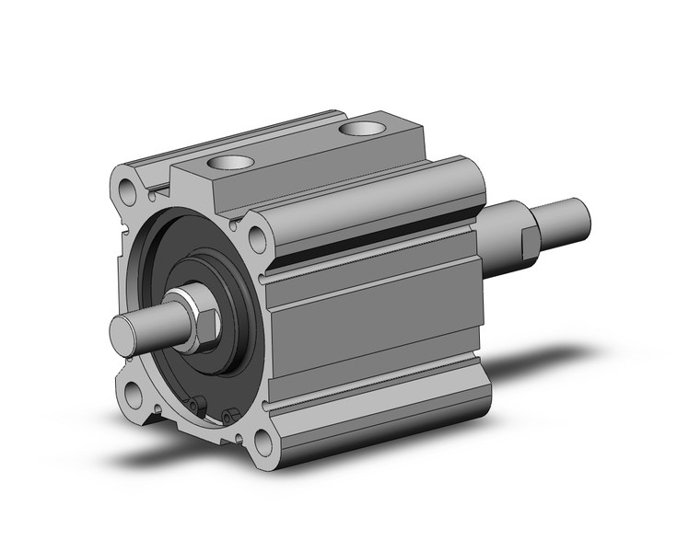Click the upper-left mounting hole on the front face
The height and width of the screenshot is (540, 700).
pyautogui.click(x=127, y=190)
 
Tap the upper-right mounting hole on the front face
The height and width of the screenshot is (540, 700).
pyautogui.click(x=257, y=239)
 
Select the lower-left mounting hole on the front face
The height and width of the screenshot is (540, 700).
pyautogui.click(x=134, y=395)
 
